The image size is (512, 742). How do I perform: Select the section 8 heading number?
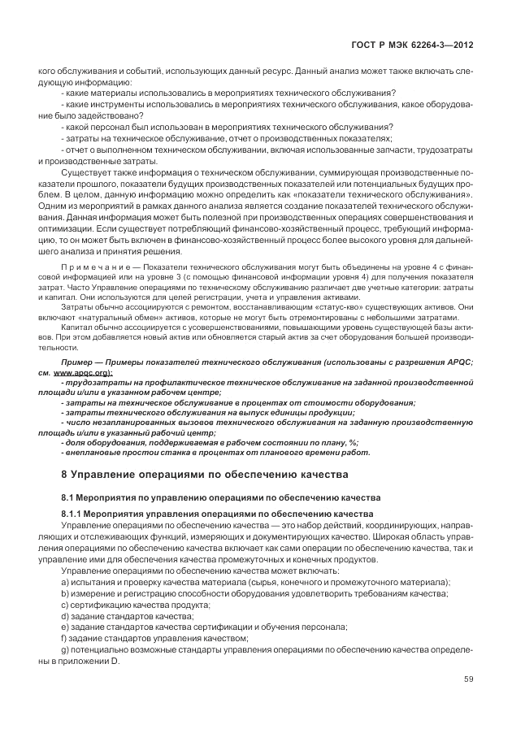[x=65, y=473]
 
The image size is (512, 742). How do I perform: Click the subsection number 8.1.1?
[x=73, y=514]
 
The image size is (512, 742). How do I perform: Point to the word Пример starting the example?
[x=80, y=361]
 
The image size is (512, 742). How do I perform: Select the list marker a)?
[x=65, y=582]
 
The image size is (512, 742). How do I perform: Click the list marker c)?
[x=65, y=605]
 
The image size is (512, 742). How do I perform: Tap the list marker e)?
[x=65, y=627]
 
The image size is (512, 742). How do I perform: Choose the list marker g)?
[x=65, y=650]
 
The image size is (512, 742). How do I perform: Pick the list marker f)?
[x=64, y=639]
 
